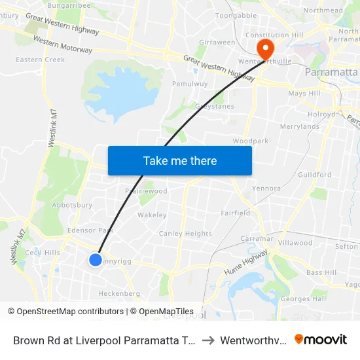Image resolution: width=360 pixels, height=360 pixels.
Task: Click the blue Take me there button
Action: [180, 160]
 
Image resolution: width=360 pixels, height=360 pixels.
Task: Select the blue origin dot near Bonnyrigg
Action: [96, 260]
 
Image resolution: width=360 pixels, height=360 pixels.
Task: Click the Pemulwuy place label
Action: [187, 84]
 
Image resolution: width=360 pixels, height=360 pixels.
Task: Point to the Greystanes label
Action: [214, 106]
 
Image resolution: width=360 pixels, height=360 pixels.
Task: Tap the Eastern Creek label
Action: [41, 60]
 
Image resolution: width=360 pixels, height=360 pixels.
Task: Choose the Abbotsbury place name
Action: [73, 204]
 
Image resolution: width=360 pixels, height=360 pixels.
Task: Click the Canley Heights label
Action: [185, 234]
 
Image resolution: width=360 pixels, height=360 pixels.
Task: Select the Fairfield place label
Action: [236, 213]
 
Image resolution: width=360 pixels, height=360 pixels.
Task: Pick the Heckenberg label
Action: [118, 294]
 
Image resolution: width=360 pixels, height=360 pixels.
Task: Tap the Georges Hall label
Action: [303, 299]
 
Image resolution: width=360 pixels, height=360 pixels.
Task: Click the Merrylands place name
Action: [299, 126]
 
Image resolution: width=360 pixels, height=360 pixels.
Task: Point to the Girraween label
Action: [217, 42]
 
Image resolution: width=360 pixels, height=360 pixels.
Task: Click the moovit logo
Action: [321, 340]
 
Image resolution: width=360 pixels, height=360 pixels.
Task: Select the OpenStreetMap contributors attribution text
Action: [69, 312]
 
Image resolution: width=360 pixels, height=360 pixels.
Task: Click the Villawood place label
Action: [295, 242]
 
